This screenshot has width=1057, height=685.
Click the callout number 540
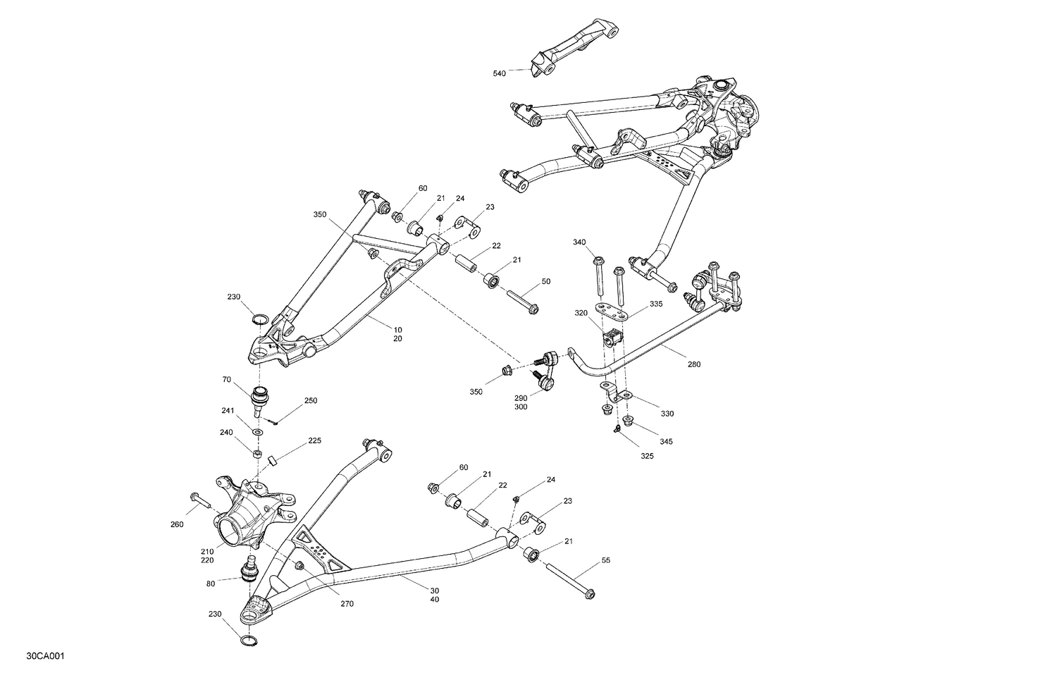pos(499,73)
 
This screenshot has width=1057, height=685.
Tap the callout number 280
pos(694,364)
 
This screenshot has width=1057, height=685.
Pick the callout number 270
pos(347,604)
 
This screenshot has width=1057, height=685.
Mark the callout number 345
pos(666,441)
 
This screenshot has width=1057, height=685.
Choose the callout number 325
pos(647,456)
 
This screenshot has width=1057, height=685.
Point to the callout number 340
pos(579,242)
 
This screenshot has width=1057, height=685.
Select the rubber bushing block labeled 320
pos(613,338)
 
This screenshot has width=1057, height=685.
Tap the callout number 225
pos(314,441)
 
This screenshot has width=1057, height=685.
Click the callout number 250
pos(310,400)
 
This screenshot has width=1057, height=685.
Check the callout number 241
pos(227,410)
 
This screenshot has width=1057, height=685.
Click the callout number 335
pos(656,304)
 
